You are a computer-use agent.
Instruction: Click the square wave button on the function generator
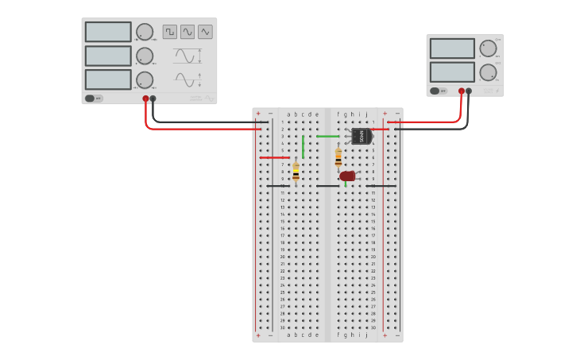click(170, 32)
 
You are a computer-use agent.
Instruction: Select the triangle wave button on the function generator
click(205, 32)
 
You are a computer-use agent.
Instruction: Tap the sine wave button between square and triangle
click(187, 32)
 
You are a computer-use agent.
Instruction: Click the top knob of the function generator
click(144, 32)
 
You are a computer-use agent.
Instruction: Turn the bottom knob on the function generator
click(144, 79)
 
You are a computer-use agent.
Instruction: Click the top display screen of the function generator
click(108, 32)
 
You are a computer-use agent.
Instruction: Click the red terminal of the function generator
click(145, 99)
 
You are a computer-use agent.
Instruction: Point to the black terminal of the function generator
click(153, 99)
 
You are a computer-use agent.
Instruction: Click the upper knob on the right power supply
click(488, 48)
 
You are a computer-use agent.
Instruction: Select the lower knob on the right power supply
click(488, 72)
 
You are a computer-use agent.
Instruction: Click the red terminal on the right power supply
click(461, 91)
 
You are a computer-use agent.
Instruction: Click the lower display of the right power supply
click(452, 72)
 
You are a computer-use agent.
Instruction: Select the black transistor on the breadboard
click(361, 136)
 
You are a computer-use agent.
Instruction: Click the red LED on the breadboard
click(347, 176)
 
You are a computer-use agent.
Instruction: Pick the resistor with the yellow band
click(296, 172)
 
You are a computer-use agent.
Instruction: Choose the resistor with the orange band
click(338, 157)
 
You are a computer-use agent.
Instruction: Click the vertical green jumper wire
click(303, 146)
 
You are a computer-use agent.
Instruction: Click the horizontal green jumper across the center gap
click(327, 136)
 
